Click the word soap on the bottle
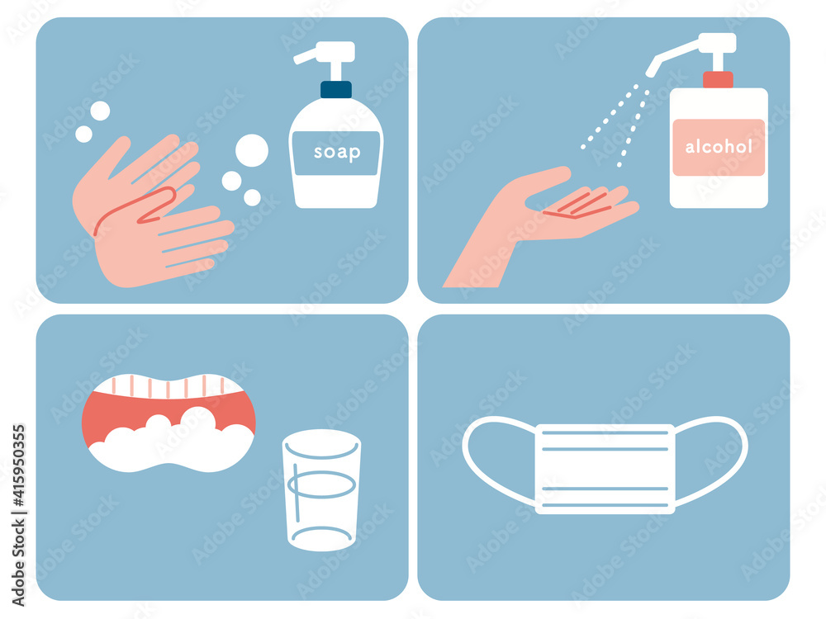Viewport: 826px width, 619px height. click(337, 152)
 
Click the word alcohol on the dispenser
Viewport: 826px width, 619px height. click(719, 146)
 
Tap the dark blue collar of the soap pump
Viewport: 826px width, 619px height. click(336, 89)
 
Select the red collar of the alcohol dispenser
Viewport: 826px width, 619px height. click(718, 79)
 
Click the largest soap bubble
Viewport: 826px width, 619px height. click(252, 150)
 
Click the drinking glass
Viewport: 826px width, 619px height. click(321, 490)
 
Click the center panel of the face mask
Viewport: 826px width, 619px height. click(605, 469)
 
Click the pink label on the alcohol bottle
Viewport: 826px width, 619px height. click(719, 148)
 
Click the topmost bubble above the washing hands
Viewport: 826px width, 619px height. click(100, 111)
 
